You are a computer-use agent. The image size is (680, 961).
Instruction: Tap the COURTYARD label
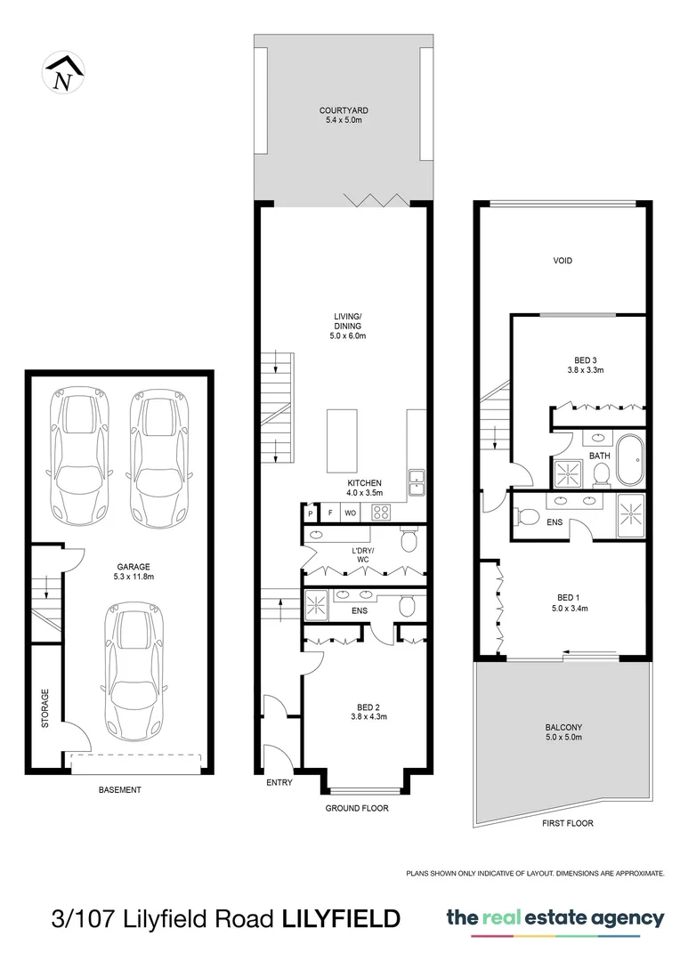tap(344, 111)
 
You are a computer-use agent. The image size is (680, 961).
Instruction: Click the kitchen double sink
tap(416, 481)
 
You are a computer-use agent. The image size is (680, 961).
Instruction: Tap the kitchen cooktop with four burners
tap(381, 513)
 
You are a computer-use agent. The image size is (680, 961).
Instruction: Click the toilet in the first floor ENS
tap(527, 517)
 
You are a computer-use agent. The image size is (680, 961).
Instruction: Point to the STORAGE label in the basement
tap(45, 708)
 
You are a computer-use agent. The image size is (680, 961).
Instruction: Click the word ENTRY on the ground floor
tap(279, 782)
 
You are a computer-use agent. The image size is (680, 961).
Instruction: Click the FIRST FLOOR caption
tap(567, 824)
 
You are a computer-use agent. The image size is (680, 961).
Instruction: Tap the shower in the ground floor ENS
tap(317, 604)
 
